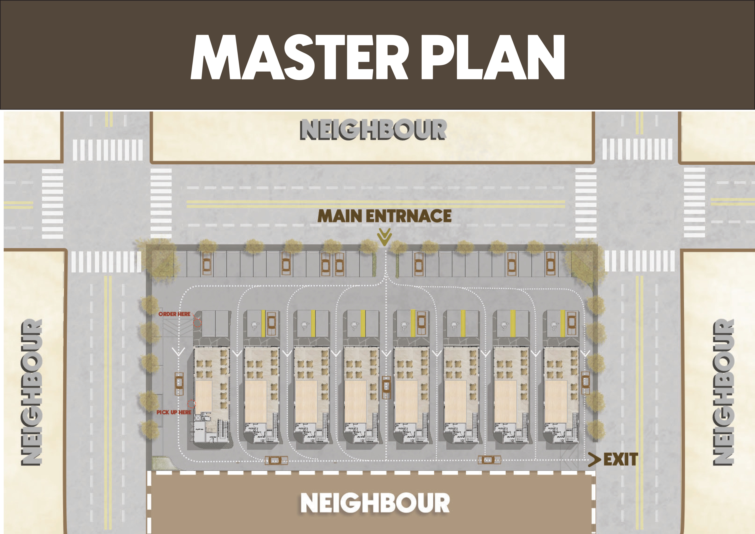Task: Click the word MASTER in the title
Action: point(299,58)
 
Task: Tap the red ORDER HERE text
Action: point(174,314)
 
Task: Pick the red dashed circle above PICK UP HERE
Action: point(191,404)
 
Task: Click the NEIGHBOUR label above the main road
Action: point(373,130)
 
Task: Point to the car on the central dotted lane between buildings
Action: point(386,387)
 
